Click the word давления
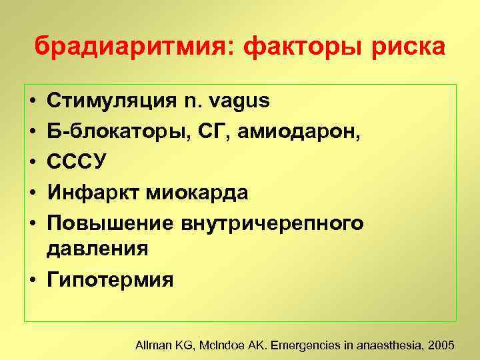tap(96, 249)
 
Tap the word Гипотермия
tap(109, 279)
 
